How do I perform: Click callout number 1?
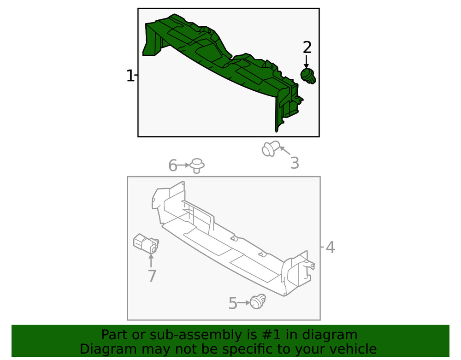130,76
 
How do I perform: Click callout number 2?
307,47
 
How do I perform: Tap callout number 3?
295,163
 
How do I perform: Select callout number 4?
330,248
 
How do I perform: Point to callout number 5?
233,303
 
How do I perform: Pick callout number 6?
173,165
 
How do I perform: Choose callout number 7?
152,276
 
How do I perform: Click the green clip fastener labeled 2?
308,76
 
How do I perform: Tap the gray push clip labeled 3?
270,148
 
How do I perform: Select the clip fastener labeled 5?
258,301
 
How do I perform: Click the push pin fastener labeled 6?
197,165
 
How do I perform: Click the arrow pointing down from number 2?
307,62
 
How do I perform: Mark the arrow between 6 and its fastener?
183,165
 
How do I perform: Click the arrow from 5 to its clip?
244,303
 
